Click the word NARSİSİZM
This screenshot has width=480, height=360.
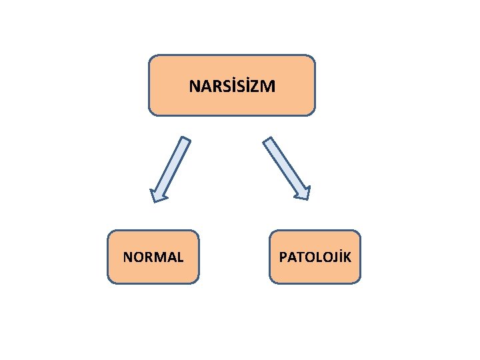coord(231,86)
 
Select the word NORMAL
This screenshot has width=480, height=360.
coord(153,257)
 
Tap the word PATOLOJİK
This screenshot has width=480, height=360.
coord(315,257)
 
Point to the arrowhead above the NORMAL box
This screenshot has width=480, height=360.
coord(158,195)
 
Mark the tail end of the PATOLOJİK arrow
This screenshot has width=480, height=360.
coord(268,141)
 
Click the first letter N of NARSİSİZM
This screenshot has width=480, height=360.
coord(193,87)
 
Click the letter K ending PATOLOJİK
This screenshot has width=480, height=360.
coord(347,257)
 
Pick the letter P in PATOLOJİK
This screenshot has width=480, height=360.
coord(283,257)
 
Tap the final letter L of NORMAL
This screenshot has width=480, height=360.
coord(180,257)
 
